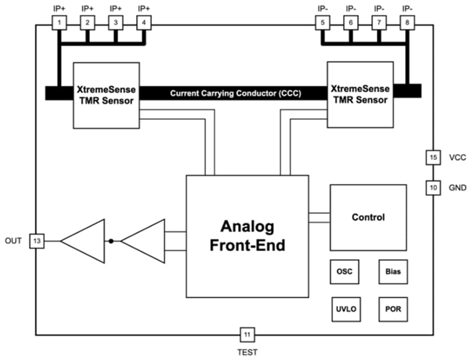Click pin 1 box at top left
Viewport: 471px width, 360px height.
(x=59, y=23)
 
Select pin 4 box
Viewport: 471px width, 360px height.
(x=144, y=23)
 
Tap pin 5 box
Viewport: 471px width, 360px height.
(x=323, y=23)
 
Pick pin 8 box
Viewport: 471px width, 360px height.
(x=407, y=23)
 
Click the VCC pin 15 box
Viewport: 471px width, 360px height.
(x=433, y=158)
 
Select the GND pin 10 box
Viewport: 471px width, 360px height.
(x=433, y=188)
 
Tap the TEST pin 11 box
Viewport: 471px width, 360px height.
(x=247, y=335)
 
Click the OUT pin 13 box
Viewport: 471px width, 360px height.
(x=37, y=241)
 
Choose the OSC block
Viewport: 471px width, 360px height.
(x=343, y=272)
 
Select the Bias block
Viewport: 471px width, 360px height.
(x=393, y=272)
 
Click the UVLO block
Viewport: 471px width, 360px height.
(x=343, y=309)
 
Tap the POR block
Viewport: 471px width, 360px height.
(x=393, y=309)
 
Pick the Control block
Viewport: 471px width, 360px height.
(x=368, y=217)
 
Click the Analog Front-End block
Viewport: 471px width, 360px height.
(x=247, y=235)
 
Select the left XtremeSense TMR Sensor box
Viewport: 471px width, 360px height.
(x=106, y=95)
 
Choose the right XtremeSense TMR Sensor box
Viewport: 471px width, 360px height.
(x=360, y=95)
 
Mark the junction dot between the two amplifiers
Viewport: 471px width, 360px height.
(x=110, y=241)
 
